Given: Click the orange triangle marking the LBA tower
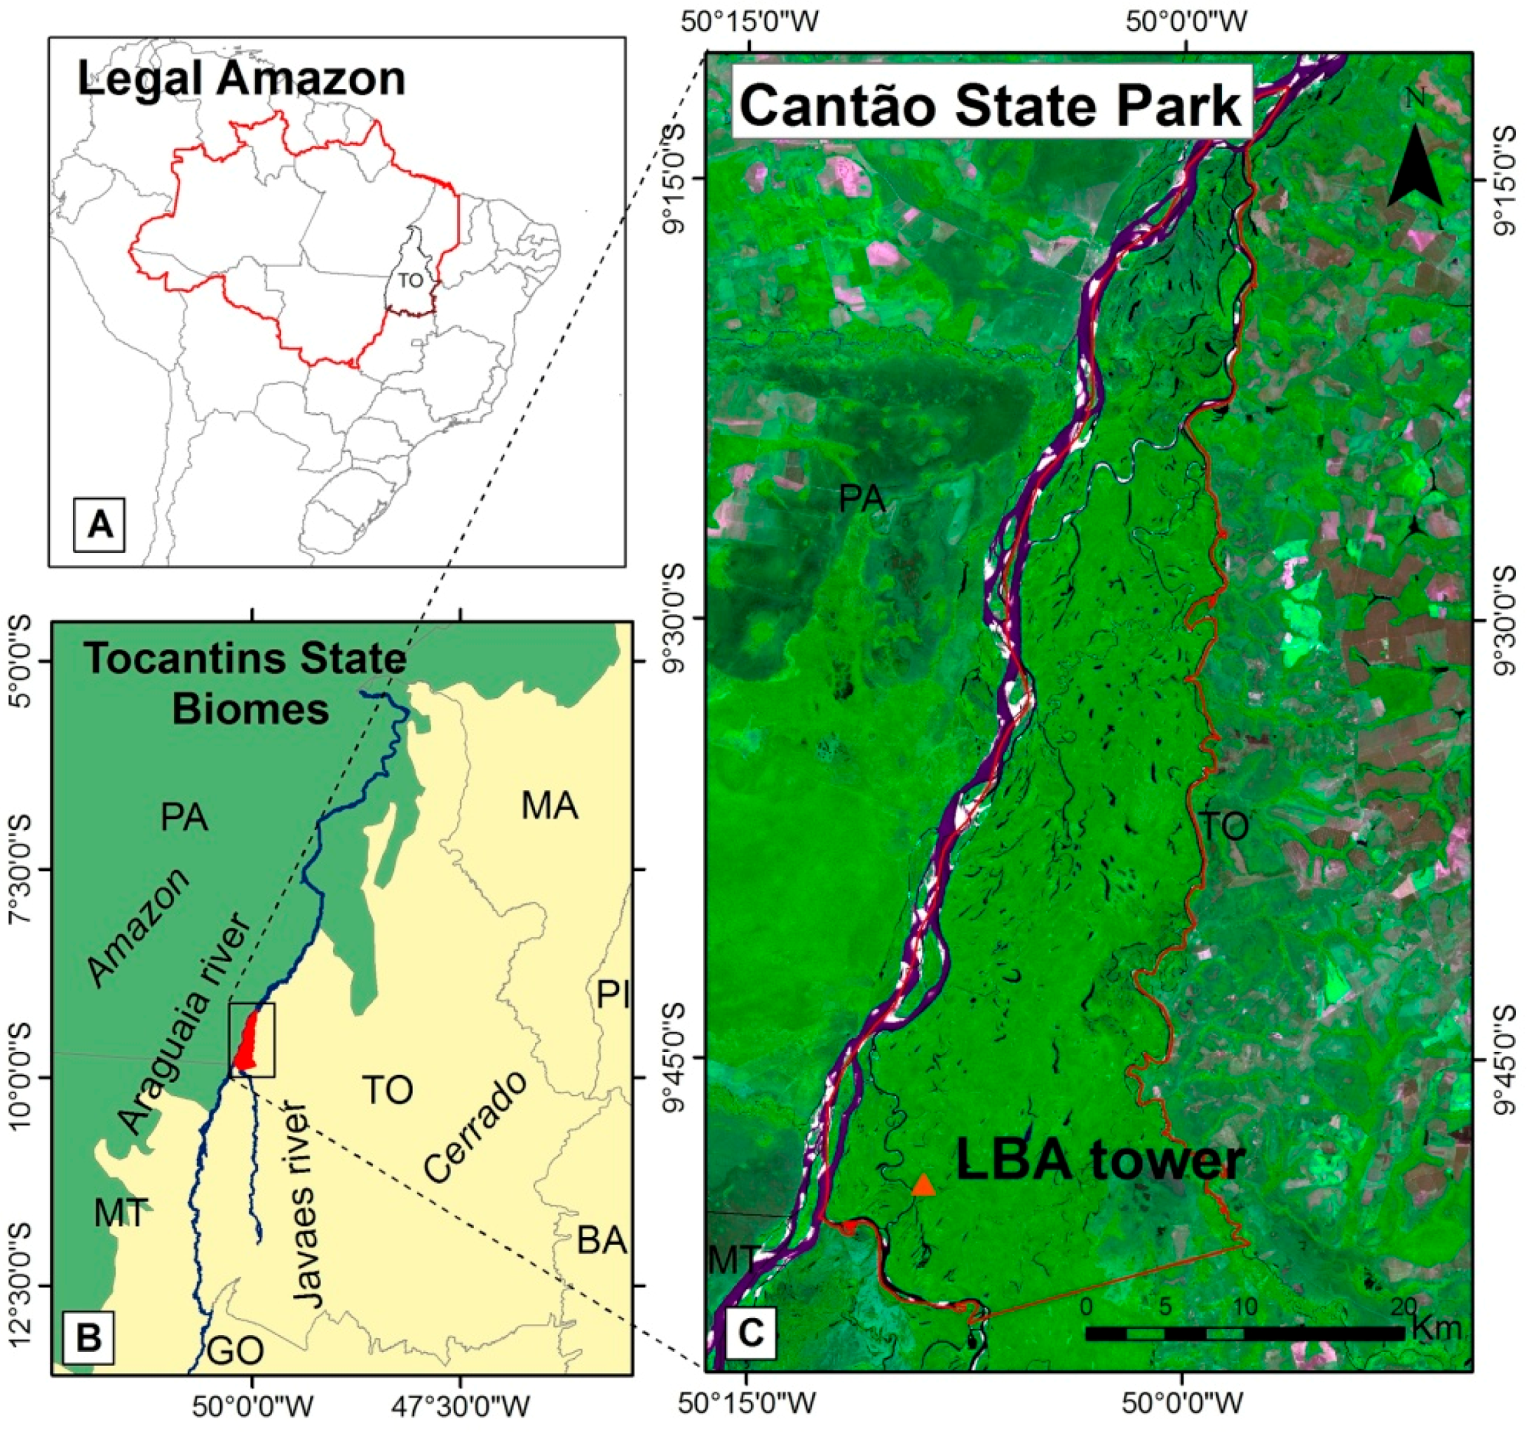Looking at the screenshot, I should pos(924,1187).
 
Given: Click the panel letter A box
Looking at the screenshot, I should pos(100,525).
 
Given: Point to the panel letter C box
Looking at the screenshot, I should pos(750,1332).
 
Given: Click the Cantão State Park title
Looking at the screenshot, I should pos(991,105).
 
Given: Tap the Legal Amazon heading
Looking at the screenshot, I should pos(241,79).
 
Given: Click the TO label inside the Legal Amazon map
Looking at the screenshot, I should pos(410,281).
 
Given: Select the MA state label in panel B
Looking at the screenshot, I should pos(549,807).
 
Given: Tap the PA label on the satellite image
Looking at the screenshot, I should pos(862,499).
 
